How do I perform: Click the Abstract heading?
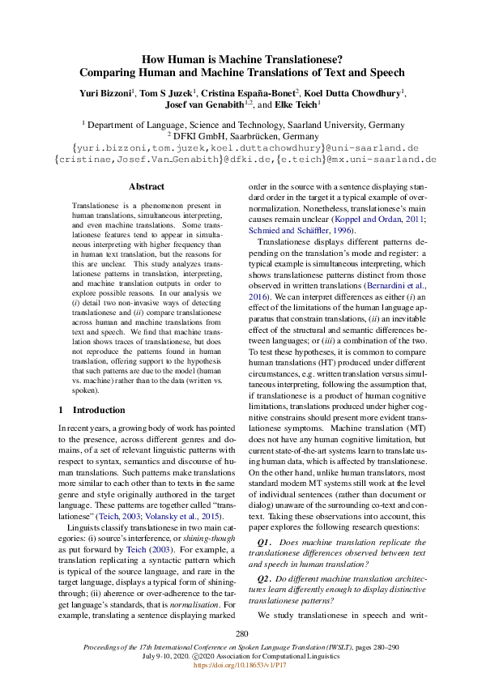click(x=146, y=186)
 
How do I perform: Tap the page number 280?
click(x=241, y=633)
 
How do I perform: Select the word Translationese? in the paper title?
click(x=301, y=58)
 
